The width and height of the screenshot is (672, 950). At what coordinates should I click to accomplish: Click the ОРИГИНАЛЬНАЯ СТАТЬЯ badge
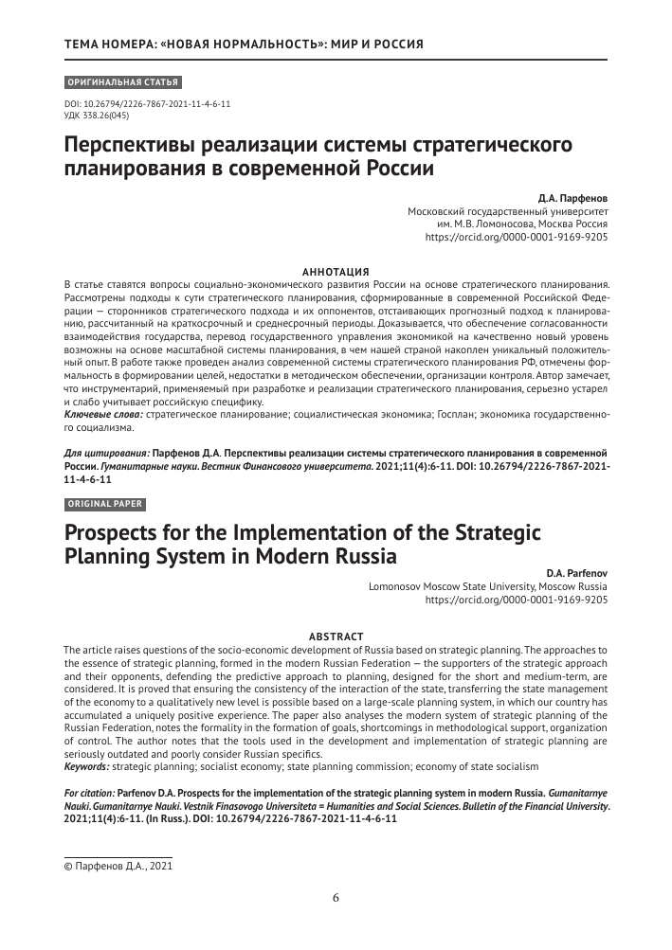point(121,82)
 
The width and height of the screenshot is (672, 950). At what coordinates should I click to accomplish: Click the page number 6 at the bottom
point(336,898)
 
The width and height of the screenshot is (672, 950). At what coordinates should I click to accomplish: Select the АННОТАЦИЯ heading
point(336,271)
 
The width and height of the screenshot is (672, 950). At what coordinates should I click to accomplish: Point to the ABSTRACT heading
point(336,636)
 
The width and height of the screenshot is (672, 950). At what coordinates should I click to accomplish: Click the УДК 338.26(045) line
point(96,115)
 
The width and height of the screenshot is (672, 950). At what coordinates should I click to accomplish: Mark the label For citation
point(93,793)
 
